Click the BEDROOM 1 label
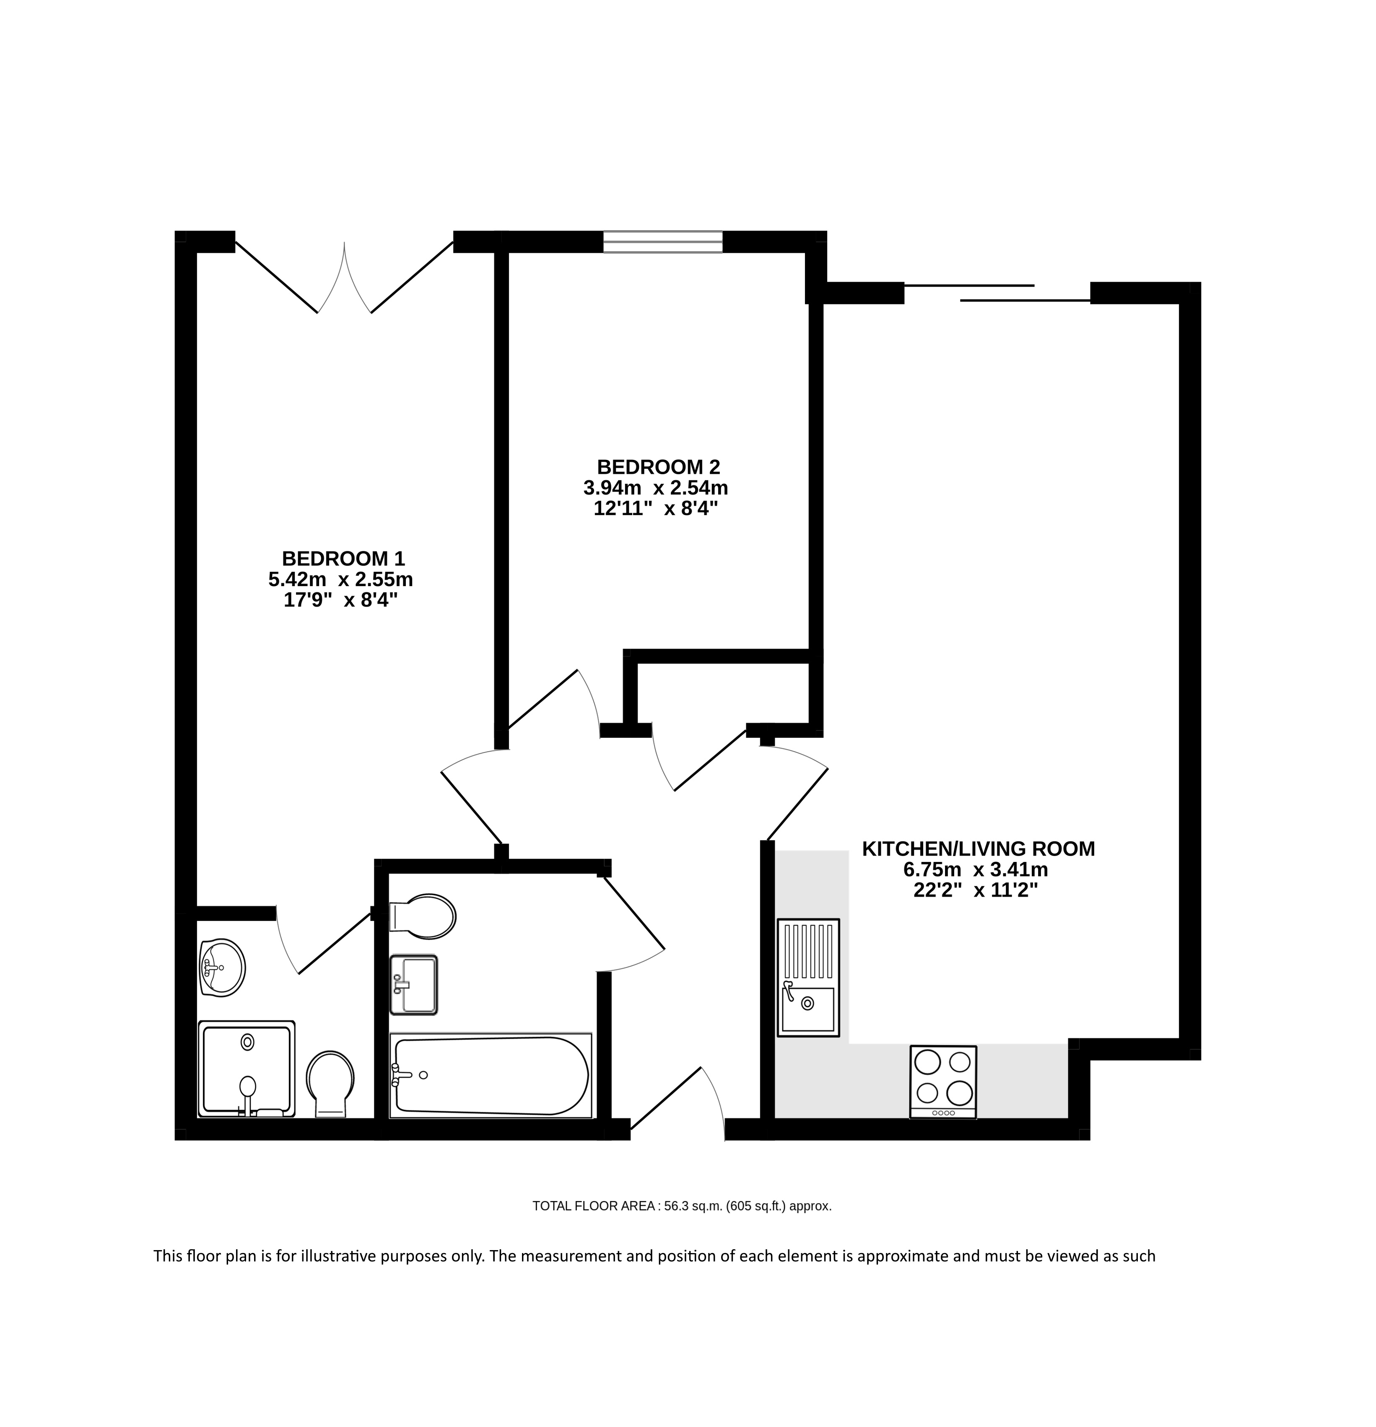343,558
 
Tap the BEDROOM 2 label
658,467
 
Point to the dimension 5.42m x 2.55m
341,579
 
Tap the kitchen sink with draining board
808,977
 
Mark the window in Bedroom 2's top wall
662,242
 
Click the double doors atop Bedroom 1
344,278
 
